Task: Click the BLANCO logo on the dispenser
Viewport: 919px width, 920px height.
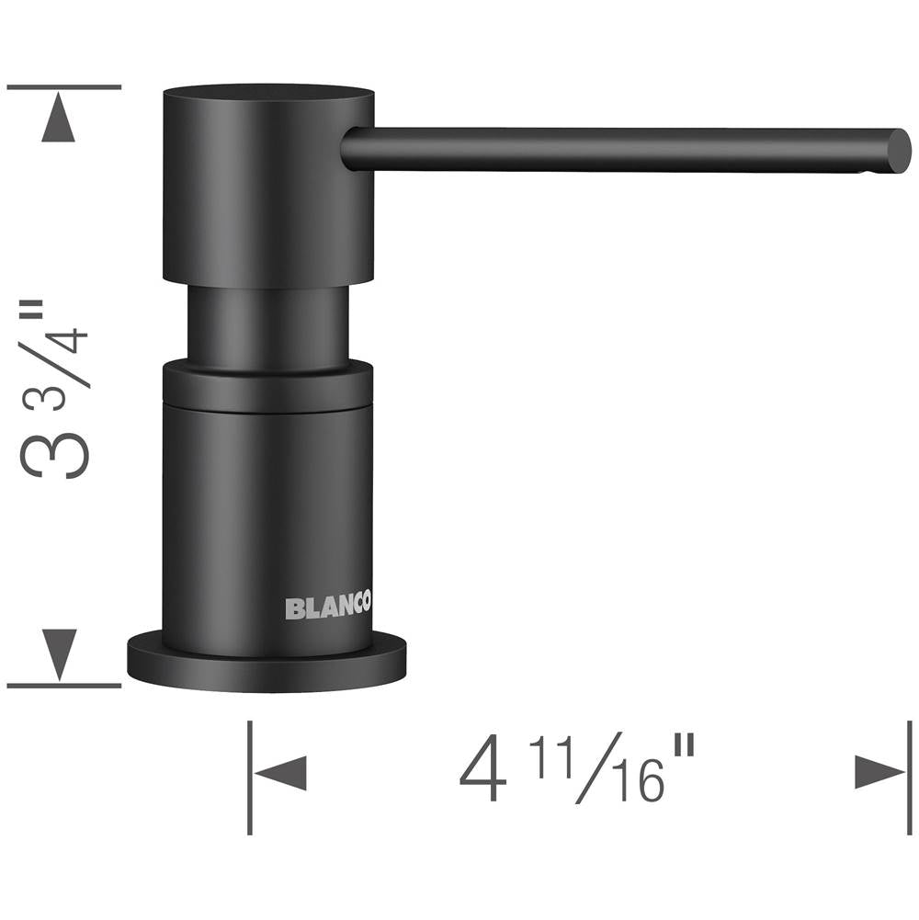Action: (328, 607)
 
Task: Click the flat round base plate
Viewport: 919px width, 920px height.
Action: (267, 663)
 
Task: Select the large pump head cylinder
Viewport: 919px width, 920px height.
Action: (268, 186)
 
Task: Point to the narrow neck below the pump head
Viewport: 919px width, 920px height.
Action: (268, 326)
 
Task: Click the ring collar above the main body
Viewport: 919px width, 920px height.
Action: (267, 386)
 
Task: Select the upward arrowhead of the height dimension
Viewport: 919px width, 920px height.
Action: (59, 118)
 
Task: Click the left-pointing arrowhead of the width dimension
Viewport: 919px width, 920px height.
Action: (280, 773)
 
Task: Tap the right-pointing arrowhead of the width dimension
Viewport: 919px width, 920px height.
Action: (879, 772)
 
